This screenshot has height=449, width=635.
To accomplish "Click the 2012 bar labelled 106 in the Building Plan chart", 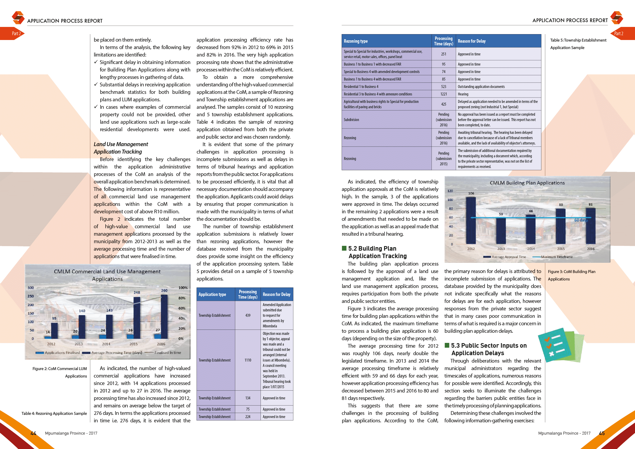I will pos(471,220).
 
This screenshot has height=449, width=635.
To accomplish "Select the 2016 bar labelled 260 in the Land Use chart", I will pos(164,316).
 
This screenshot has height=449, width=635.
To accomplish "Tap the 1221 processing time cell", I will pos(443,94).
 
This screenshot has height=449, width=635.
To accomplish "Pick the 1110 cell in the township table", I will pos(248,360).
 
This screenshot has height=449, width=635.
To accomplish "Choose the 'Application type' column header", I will pos(212,294).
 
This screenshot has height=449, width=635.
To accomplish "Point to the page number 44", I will pos(33,433).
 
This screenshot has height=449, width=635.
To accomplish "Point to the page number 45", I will pos(602,433).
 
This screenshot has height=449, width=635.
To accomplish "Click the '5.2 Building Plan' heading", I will pos(372,248).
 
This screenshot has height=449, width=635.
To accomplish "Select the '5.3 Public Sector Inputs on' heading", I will pos(489,345).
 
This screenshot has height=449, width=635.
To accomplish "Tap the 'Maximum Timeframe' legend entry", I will pos(556,257).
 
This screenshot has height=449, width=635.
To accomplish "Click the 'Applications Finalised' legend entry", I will pos(62,352).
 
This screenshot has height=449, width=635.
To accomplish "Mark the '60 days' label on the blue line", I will pos(581,220).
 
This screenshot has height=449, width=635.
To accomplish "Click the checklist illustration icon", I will pos(560,346).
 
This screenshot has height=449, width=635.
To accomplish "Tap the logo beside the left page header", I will pos(18,18).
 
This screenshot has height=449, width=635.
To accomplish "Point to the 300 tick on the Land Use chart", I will pos(30,287).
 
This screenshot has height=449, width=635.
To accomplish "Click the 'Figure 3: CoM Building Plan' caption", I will pos(571,271).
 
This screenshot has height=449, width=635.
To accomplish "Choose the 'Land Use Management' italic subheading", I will pos(121,144).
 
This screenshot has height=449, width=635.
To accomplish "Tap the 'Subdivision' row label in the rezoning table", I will pos(351,120).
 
